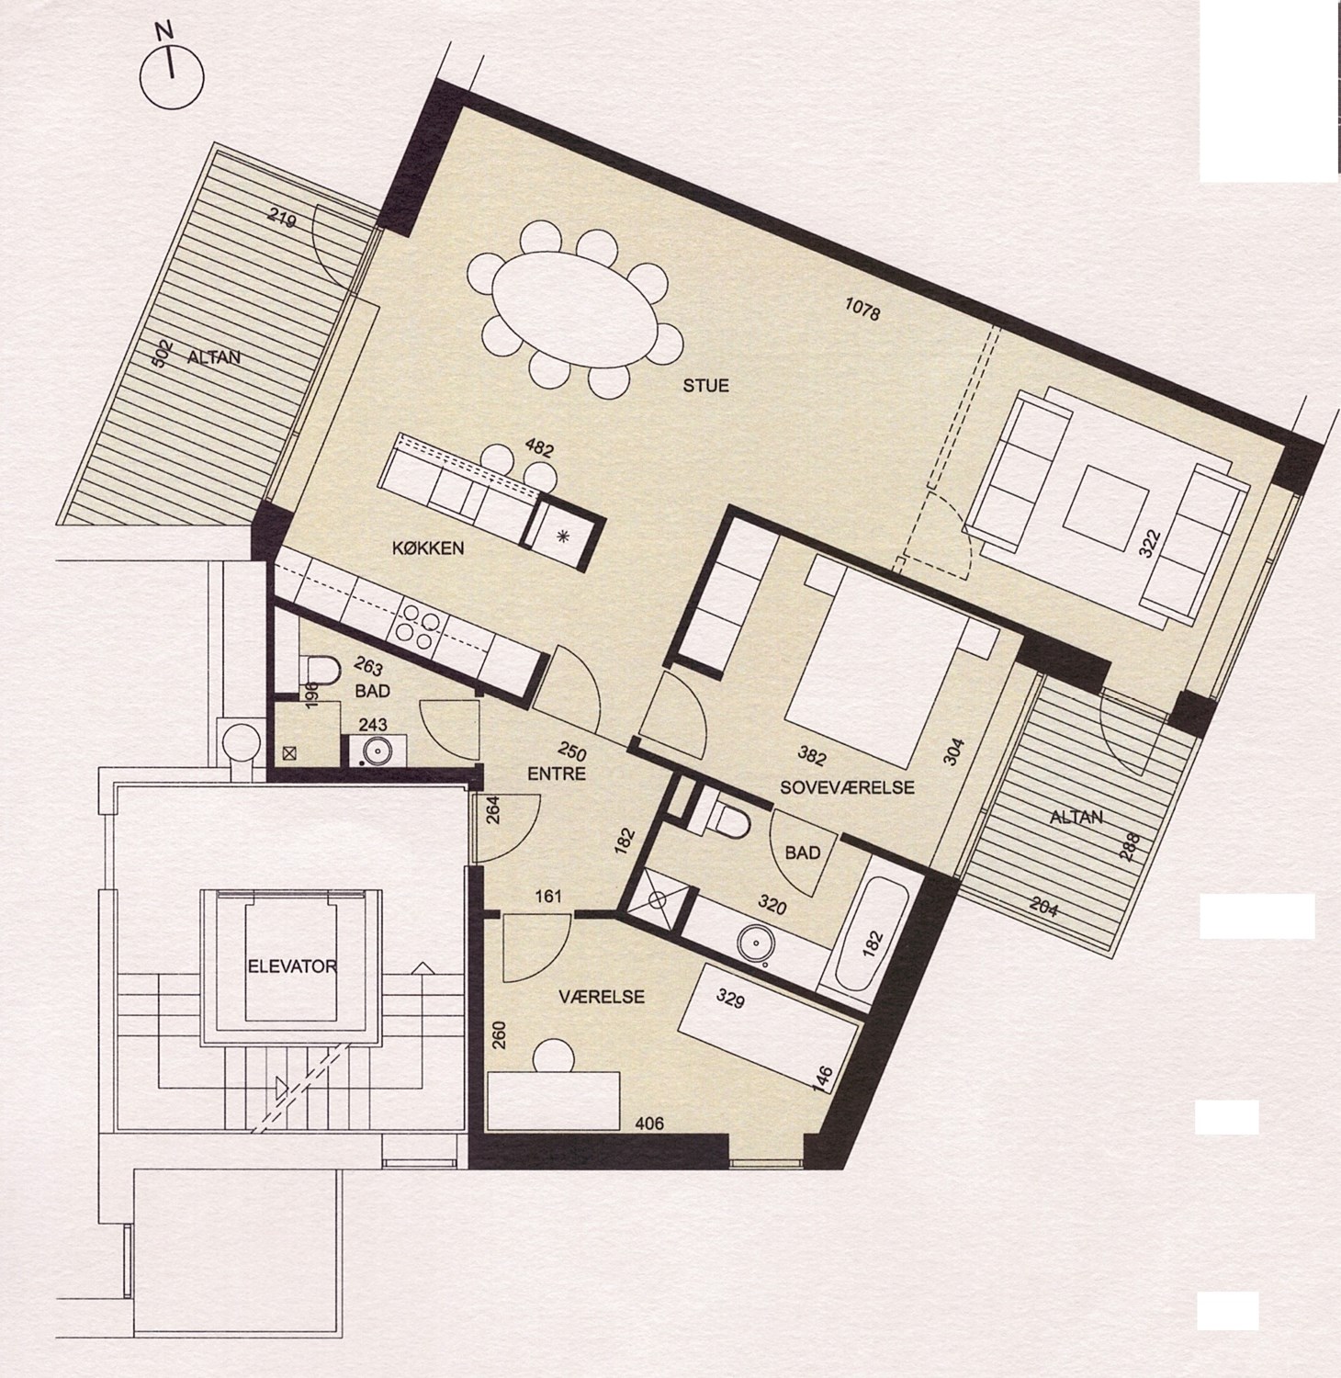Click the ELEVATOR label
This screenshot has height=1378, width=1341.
(290, 966)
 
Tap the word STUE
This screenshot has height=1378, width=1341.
(705, 386)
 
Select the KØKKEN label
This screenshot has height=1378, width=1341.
(428, 548)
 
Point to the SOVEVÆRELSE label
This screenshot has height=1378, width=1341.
(847, 787)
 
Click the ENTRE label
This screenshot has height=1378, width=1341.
(558, 774)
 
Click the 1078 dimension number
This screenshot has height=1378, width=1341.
(862, 310)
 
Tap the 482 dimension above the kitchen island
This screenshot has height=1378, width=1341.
(539, 450)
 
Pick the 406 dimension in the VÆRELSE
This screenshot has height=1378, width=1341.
(649, 1122)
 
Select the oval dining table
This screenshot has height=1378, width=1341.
(575, 311)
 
